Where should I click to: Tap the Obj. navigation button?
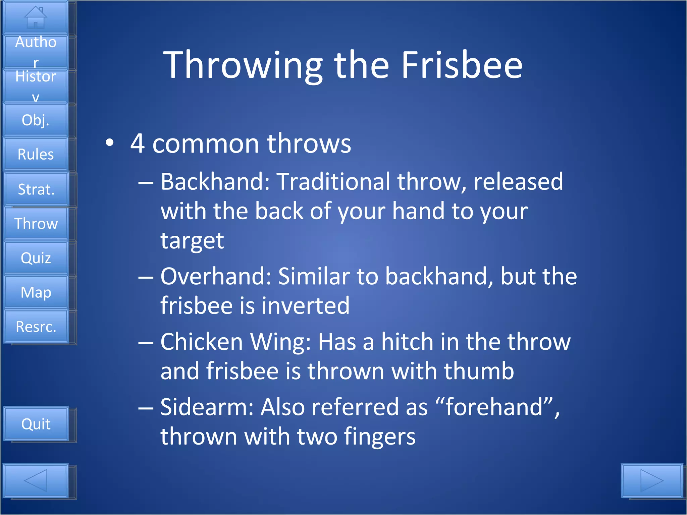click(36, 120)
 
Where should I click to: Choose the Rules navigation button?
click(36, 154)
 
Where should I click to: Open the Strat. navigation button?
click(36, 189)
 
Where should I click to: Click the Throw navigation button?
click(36, 223)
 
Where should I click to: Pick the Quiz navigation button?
click(36, 258)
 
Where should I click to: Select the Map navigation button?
click(36, 292)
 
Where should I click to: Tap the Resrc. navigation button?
click(36, 327)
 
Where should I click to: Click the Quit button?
click(36, 424)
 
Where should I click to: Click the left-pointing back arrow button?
click(36, 480)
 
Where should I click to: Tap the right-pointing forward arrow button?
click(652, 480)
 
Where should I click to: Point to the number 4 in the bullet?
click(138, 144)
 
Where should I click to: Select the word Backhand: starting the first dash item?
click(215, 181)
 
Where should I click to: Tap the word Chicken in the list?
click(202, 342)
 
